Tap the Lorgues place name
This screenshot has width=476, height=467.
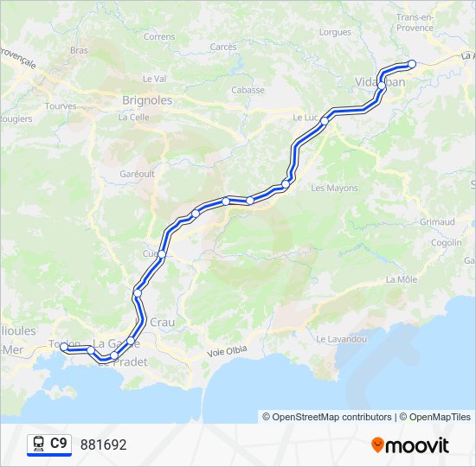click(x=335, y=32)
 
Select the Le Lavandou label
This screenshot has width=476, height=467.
click(x=341, y=339)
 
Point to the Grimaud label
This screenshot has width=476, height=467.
click(x=437, y=222)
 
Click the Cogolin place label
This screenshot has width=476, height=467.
click(x=446, y=243)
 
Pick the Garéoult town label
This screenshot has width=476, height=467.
click(x=137, y=173)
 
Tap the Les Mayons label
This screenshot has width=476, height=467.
click(x=334, y=188)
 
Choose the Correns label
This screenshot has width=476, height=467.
click(x=159, y=37)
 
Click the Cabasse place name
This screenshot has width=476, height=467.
click(x=248, y=90)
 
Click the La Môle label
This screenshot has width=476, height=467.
click(x=402, y=279)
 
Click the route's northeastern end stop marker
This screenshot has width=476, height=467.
click(x=412, y=63)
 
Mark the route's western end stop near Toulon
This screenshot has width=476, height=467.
click(x=64, y=347)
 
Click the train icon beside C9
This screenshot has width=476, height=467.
click(x=38, y=445)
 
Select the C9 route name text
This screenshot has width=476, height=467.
click(x=59, y=445)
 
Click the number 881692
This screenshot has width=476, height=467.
click(x=104, y=445)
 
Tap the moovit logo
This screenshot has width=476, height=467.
click(x=410, y=445)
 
